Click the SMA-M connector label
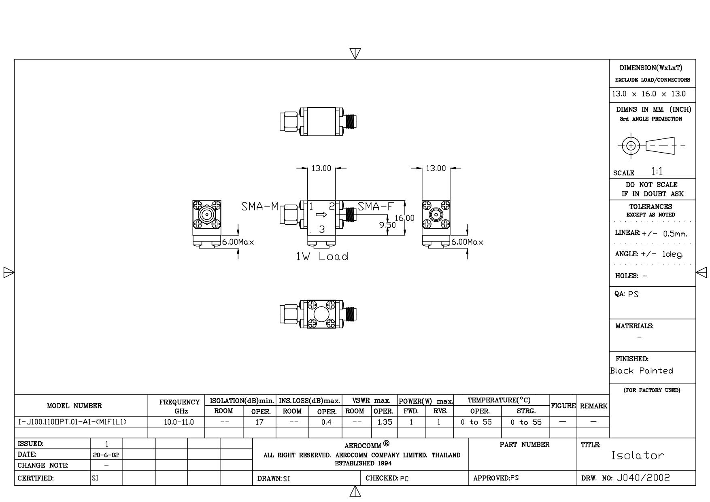coord(260,206)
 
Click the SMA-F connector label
coord(375,206)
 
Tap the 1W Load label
coord(322,256)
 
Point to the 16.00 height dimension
coord(405,218)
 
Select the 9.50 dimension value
coord(387,225)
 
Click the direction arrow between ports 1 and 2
coord(321,215)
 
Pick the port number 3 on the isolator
coord(322,229)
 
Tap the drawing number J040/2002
coord(644,478)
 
